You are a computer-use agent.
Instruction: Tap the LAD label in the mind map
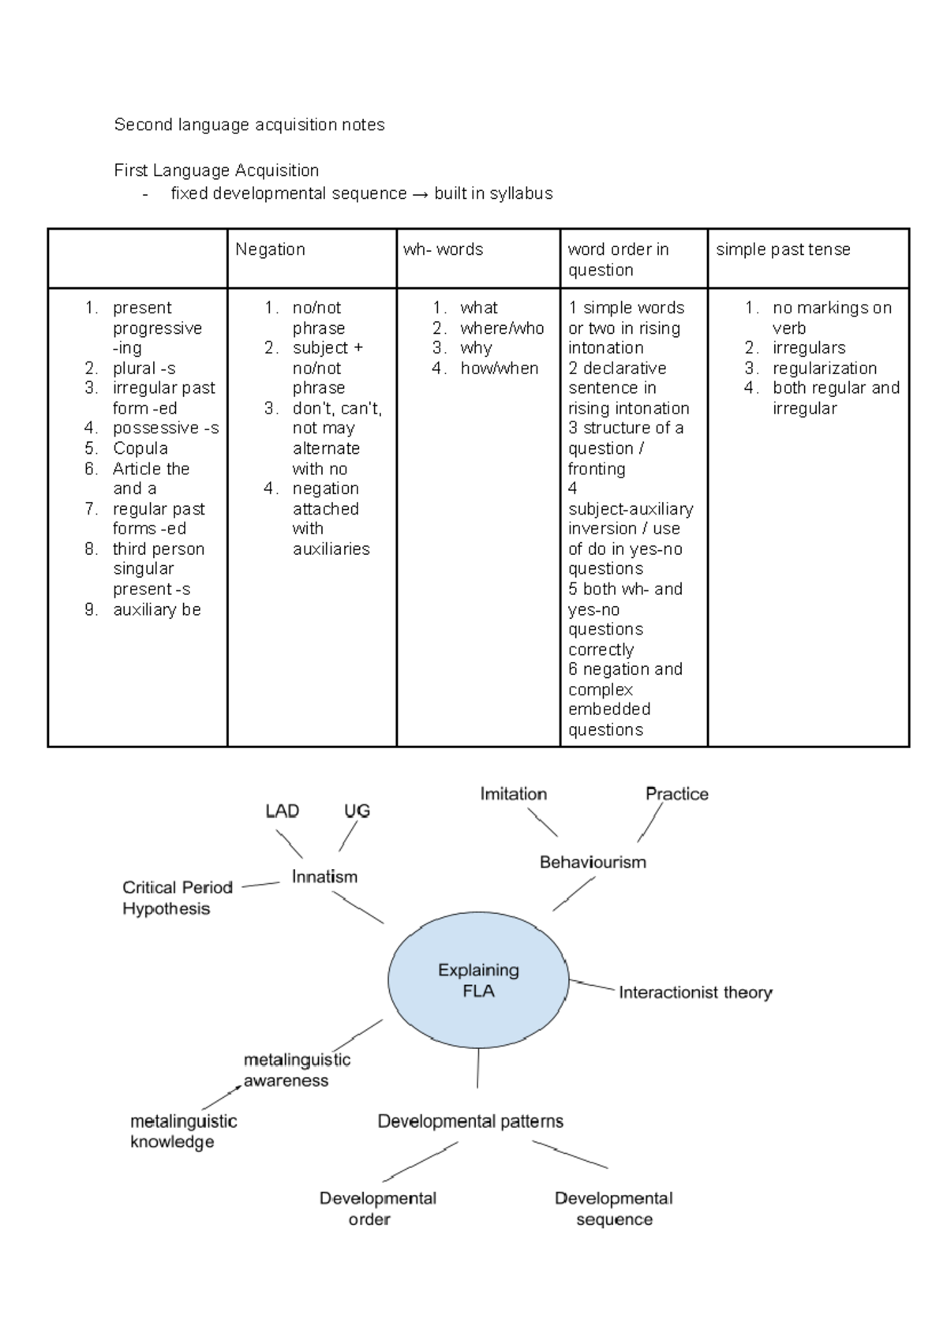[282, 811]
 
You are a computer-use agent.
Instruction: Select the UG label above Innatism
[357, 811]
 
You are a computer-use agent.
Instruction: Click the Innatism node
[324, 877]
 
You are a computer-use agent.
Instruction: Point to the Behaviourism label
[593, 862]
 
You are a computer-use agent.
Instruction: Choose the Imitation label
[513, 794]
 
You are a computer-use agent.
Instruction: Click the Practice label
[676, 794]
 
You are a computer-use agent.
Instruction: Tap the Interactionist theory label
[695, 993]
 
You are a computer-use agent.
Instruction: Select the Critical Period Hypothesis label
[178, 897]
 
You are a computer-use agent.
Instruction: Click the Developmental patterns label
[470, 1122]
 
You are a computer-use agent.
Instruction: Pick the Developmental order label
[378, 1208]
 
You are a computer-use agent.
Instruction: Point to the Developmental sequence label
[613, 1208]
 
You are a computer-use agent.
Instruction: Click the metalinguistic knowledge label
[183, 1132]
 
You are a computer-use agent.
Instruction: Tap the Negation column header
[270, 249]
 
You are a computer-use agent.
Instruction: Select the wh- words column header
[443, 249]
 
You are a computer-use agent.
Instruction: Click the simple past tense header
[783, 249]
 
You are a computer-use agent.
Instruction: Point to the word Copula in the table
[140, 448]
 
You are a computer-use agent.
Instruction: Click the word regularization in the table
[825, 369]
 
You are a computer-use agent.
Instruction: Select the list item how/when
[499, 369]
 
